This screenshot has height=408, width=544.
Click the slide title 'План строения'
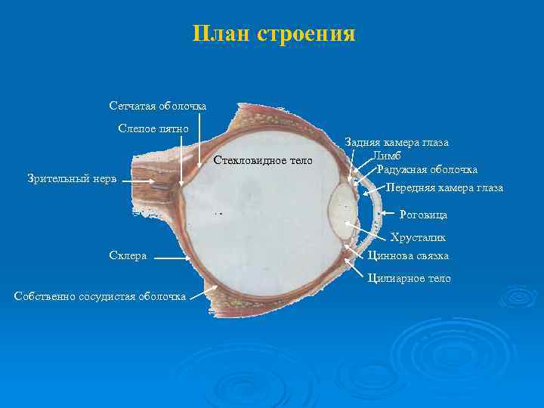tap(274, 34)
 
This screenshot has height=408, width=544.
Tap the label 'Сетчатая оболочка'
tap(157, 106)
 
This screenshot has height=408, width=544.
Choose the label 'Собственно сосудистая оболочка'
tap(100, 295)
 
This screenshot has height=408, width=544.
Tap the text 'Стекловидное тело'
tap(262, 160)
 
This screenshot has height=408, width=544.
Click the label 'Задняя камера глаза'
tap(397, 142)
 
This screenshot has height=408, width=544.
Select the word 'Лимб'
tap(385, 156)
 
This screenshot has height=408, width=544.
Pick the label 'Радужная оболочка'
tap(427, 169)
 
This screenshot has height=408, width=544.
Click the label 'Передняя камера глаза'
tap(444, 187)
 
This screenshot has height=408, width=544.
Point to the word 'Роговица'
tap(423, 215)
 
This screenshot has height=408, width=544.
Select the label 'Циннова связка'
tap(409, 255)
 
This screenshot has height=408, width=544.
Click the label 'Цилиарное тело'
tap(409, 278)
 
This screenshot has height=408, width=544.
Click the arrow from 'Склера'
tap(174, 257)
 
